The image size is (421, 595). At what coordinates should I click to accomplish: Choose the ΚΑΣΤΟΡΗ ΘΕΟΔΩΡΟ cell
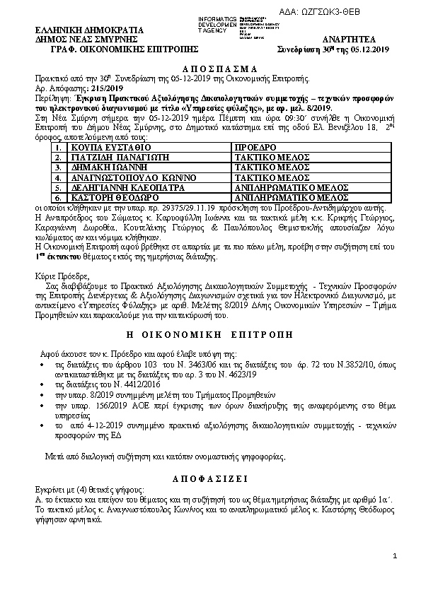coord(107,199)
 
